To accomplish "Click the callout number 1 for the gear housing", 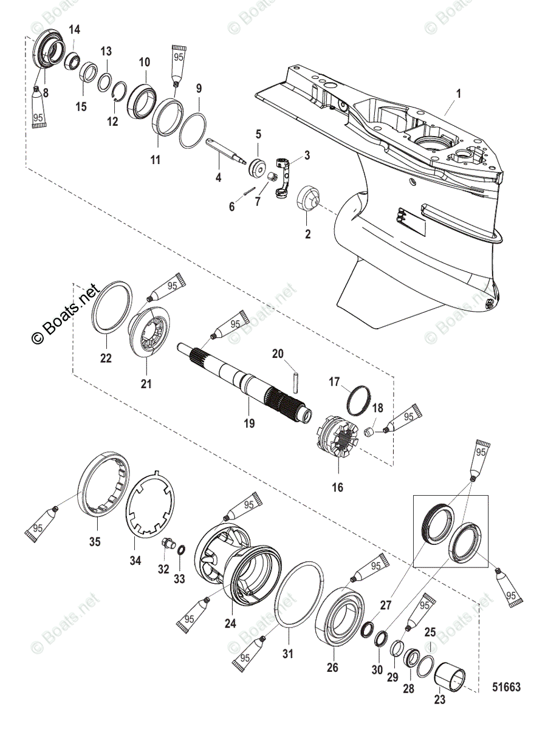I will coord(459,94).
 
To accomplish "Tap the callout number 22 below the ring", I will coord(106,358).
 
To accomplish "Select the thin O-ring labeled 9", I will coord(193,129).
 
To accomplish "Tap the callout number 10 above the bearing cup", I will coord(144,62).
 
